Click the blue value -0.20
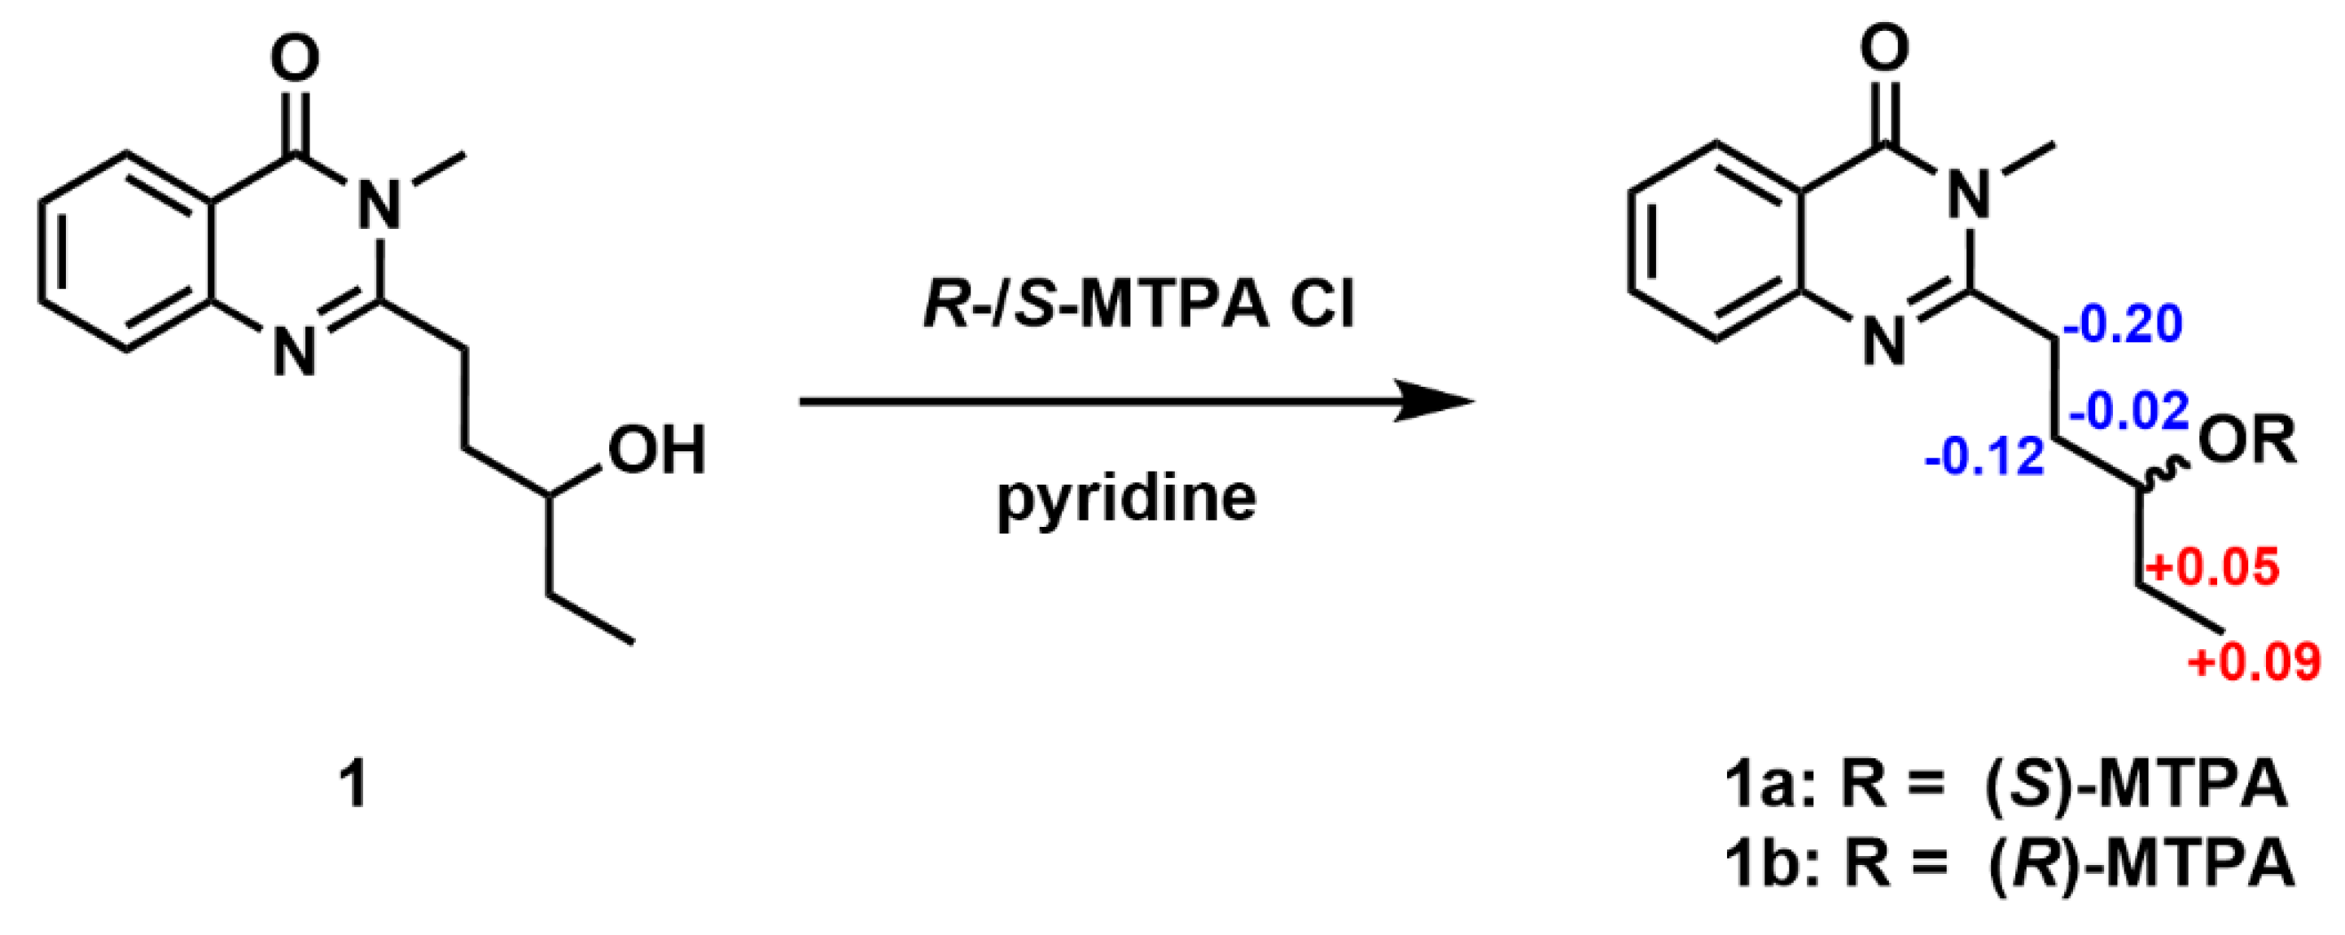(x=2122, y=324)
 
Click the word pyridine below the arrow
(x=1126, y=499)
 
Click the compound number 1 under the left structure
(x=354, y=785)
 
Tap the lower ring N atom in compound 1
(x=295, y=351)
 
